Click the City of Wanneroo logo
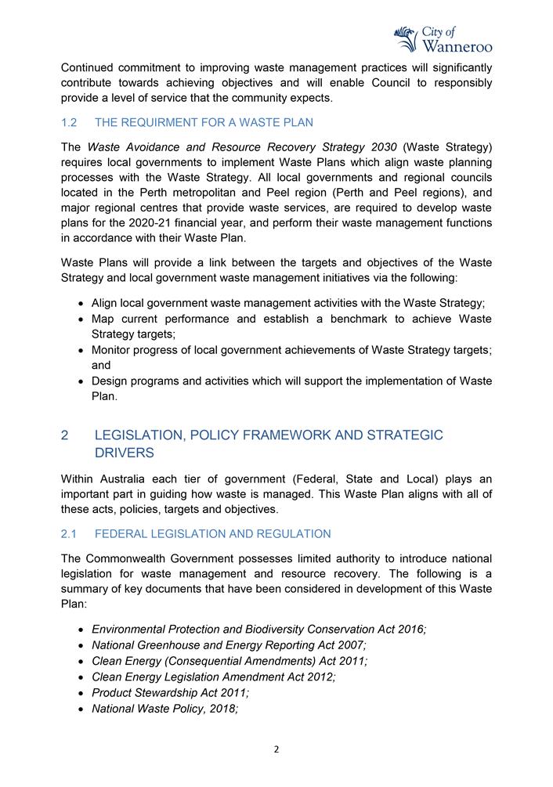443,38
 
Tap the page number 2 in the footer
276,749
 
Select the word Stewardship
172,693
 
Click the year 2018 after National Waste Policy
220,709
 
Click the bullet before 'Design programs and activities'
83,382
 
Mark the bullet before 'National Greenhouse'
83,646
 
